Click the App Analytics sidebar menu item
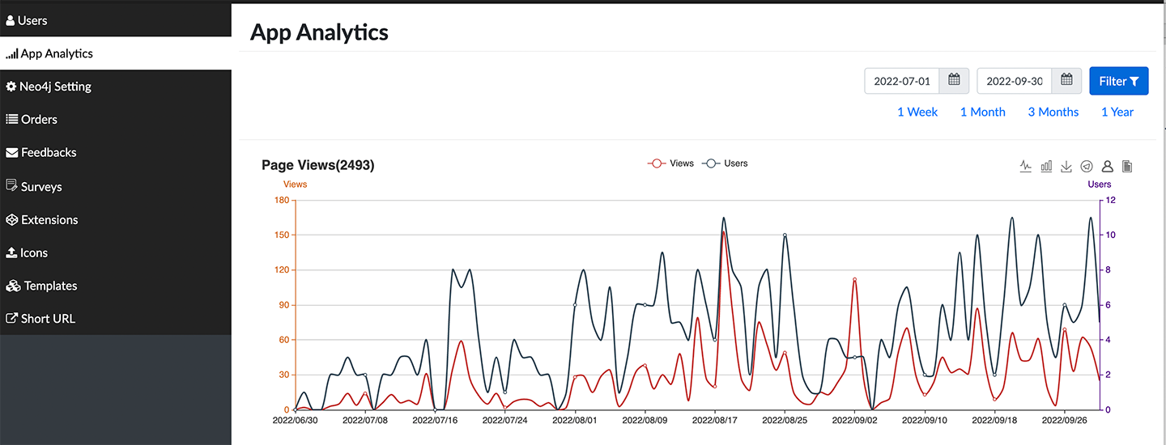pyautogui.click(x=57, y=54)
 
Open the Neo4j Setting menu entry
pyautogui.click(x=55, y=87)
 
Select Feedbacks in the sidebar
pyautogui.click(x=48, y=152)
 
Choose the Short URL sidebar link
pyautogui.click(x=48, y=319)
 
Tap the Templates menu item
pyautogui.click(x=50, y=286)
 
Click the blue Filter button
pyautogui.click(x=1118, y=81)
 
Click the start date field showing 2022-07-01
pyautogui.click(x=901, y=81)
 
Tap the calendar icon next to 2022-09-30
pyautogui.click(x=1066, y=80)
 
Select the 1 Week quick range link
pyautogui.click(x=917, y=112)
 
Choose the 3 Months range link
pyautogui.click(x=1053, y=112)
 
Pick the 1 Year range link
pyautogui.click(x=1117, y=112)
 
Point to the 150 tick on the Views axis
pyautogui.click(x=280, y=235)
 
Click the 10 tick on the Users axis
pyautogui.click(x=1111, y=235)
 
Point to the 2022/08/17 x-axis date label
pyautogui.click(x=715, y=421)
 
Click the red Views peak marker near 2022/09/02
pyautogui.click(x=854, y=280)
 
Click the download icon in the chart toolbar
pyautogui.click(x=1066, y=166)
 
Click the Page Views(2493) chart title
pyautogui.click(x=317, y=165)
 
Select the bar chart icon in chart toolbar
pyautogui.click(x=1046, y=166)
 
